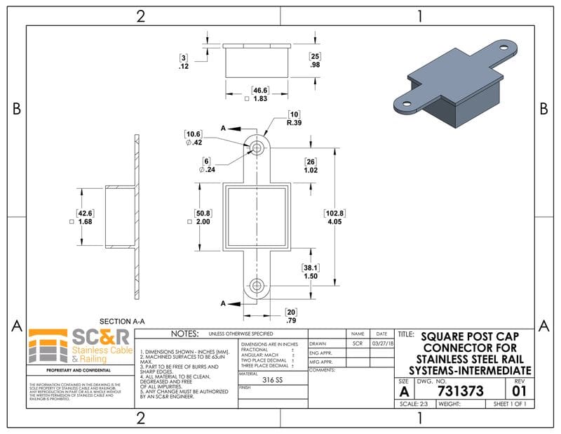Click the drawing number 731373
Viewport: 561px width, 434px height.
pyautogui.click(x=460, y=391)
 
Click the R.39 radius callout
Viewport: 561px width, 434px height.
pyautogui.click(x=293, y=118)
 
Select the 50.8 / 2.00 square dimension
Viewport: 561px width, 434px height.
pyautogui.click(x=203, y=217)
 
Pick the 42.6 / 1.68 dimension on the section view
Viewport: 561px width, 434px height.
pyautogui.click(x=86, y=217)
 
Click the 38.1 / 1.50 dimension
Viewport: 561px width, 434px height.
pyautogui.click(x=311, y=272)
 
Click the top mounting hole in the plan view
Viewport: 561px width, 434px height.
pyautogui.click(x=257, y=148)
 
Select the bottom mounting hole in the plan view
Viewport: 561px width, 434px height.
pyautogui.click(x=257, y=286)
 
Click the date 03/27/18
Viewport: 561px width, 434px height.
pyautogui.click(x=382, y=343)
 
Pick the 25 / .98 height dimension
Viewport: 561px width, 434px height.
pyautogui.click(x=315, y=60)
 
